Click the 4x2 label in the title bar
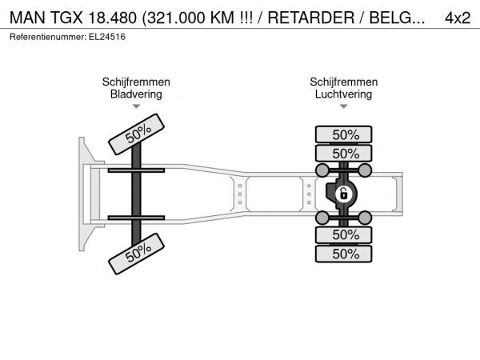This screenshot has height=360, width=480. (458, 18)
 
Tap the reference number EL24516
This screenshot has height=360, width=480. (107, 37)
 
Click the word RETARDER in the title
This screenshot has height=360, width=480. (311, 18)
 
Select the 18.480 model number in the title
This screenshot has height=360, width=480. (112, 18)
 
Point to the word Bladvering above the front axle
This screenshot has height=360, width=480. (136, 94)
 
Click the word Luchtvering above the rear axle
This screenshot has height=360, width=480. (343, 94)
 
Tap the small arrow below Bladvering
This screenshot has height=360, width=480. (136, 106)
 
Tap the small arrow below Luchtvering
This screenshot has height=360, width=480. (343, 106)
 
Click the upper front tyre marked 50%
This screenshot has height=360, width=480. (137, 134)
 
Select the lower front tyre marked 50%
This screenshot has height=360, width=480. (137, 254)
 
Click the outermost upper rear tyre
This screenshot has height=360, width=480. (343, 134)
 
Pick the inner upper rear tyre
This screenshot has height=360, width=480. (343, 153)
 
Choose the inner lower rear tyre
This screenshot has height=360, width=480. (343, 234)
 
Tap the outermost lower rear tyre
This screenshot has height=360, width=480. (343, 254)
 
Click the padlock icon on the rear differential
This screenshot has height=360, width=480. (343, 194)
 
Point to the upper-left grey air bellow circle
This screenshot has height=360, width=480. (322, 170)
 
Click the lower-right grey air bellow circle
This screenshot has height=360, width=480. (365, 218)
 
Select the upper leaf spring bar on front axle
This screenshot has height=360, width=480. (136, 170)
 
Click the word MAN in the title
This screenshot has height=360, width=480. (27, 18)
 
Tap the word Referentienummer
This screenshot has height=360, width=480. (48, 37)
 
